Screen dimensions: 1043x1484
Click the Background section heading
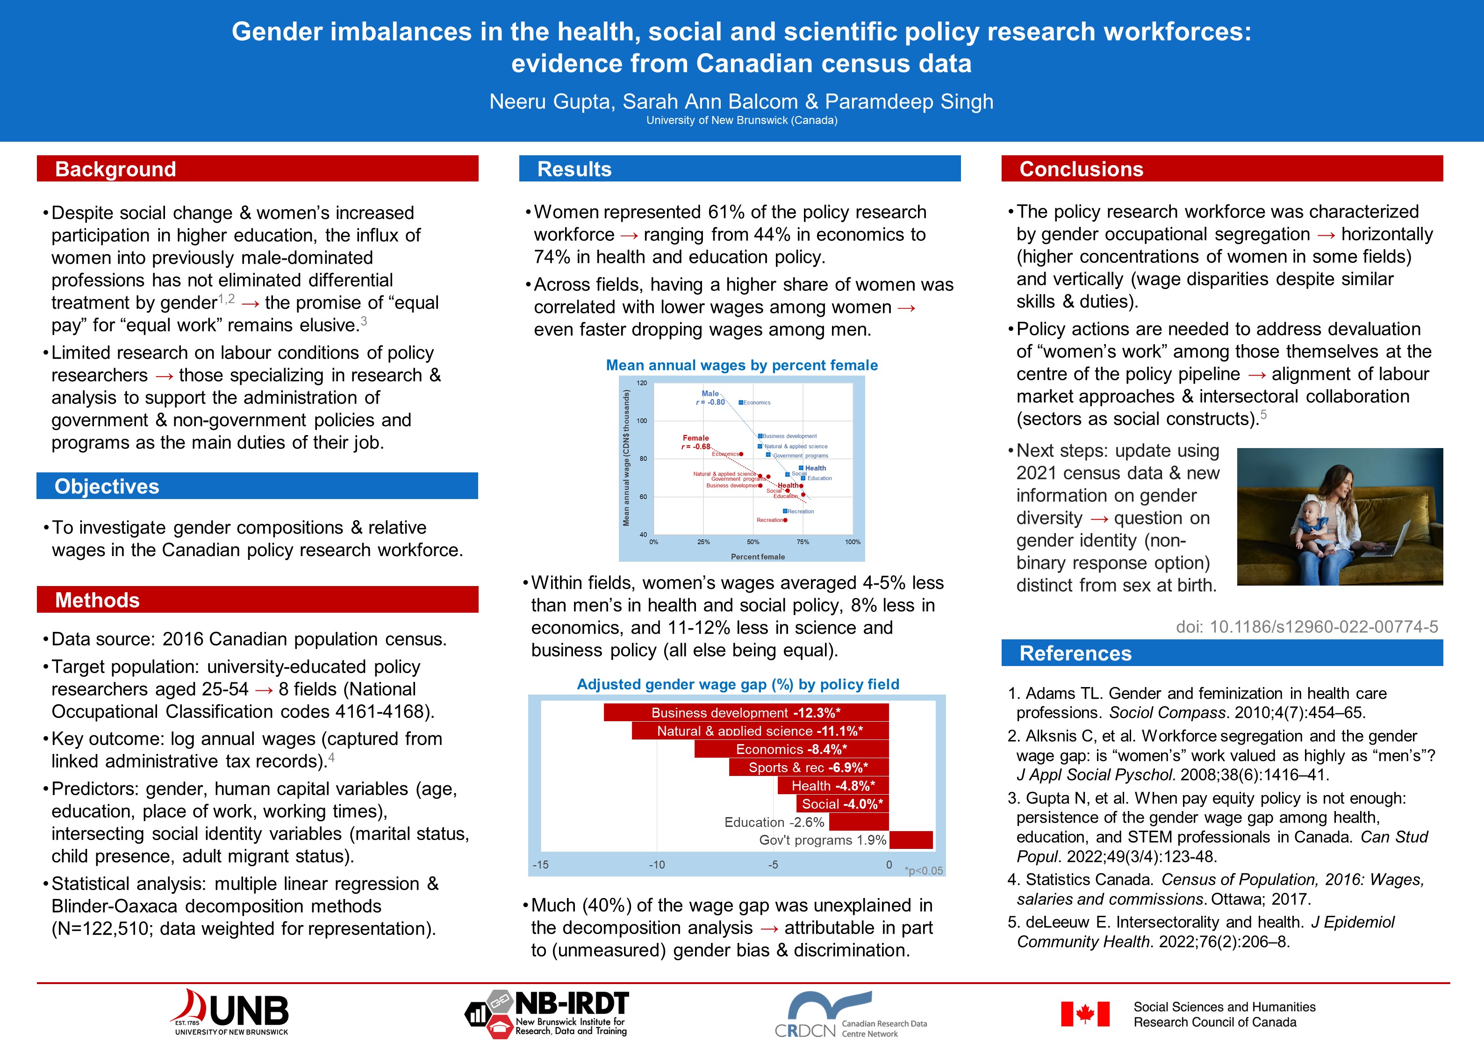(116, 169)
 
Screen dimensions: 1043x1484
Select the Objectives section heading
(107, 486)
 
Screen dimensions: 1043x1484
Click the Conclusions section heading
(1081, 169)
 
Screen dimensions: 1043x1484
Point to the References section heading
(1075, 653)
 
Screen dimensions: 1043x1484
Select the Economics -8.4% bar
(791, 749)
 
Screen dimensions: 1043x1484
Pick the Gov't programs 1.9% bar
(910, 840)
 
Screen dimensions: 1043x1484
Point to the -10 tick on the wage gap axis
(657, 864)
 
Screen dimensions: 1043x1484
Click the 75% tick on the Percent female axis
(803, 542)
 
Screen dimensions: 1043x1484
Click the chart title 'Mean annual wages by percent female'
(741, 365)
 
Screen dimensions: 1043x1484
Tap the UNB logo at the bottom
(231, 1012)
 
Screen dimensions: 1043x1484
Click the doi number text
(1307, 627)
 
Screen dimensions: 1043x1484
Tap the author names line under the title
(741, 101)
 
